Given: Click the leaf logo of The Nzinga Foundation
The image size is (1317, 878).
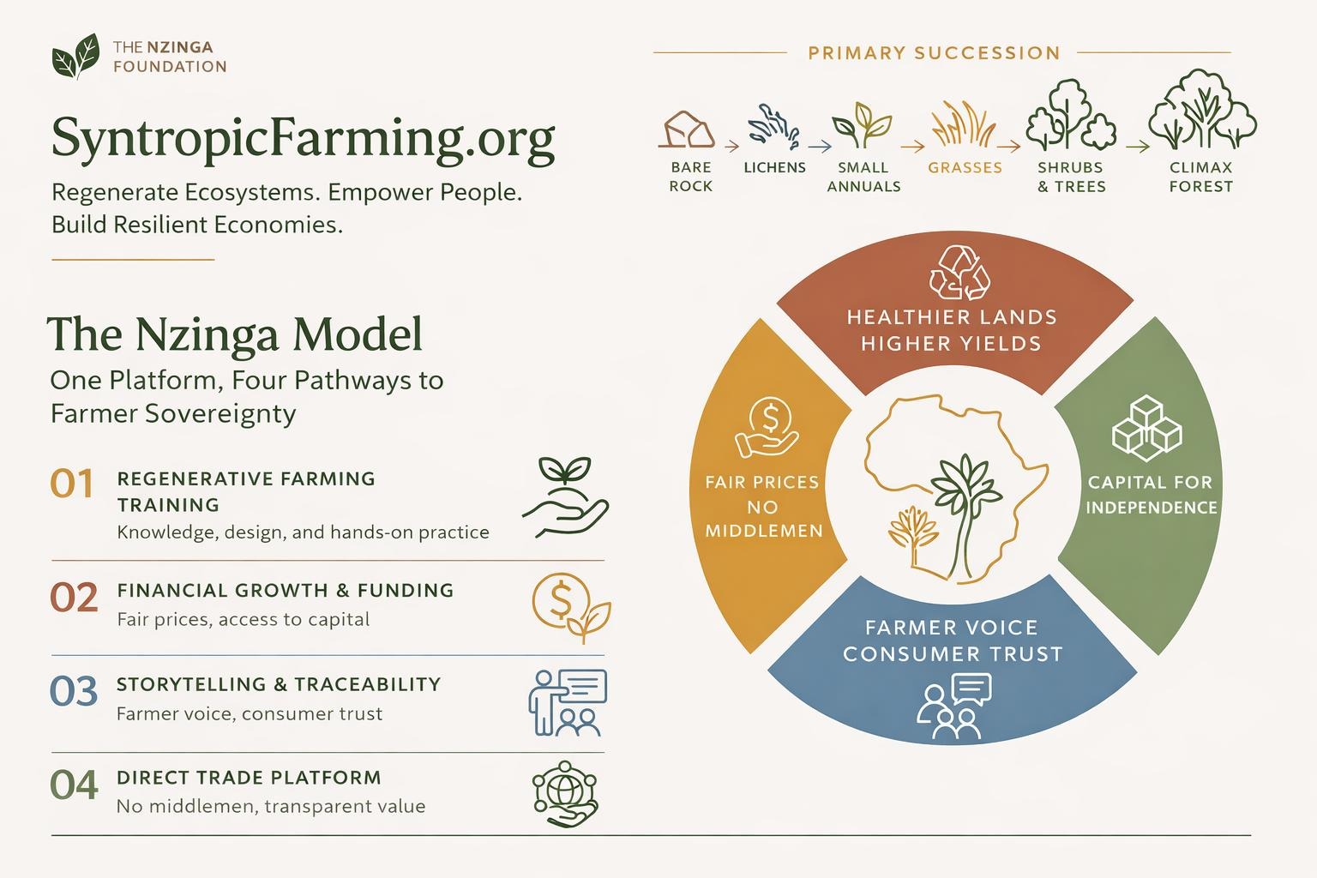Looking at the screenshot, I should point(75,57).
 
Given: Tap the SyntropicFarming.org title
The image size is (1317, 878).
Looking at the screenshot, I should point(303,138).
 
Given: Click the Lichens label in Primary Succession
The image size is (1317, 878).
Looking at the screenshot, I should point(774,168).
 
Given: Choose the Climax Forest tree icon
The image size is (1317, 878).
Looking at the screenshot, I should point(1201,112).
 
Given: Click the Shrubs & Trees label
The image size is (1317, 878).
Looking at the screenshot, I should point(1071,177).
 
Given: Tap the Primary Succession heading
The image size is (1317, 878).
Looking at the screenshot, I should point(934,53).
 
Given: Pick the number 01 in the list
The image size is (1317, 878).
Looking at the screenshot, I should point(72,484).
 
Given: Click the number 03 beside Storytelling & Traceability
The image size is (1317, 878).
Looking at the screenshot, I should point(74,692).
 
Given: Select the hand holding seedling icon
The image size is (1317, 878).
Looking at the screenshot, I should point(565,496).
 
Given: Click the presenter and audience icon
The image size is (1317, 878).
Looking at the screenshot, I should point(567,702).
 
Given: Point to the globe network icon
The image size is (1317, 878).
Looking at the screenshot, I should point(564,794).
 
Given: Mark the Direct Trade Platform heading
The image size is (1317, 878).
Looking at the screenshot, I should point(249,778).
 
